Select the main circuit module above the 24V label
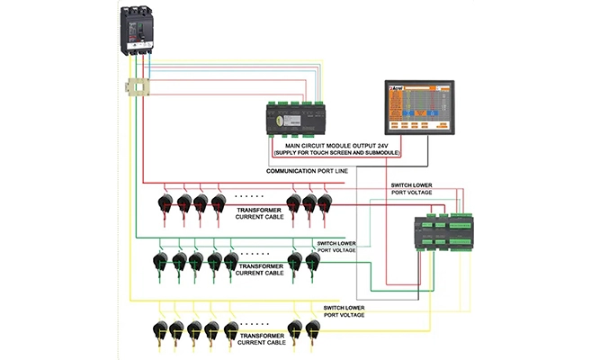pyautogui.click(x=302, y=117)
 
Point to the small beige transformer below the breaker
pyautogui.click(x=136, y=89)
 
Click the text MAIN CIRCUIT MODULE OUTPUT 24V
pyautogui.click(x=341, y=145)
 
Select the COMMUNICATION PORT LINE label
pyautogui.click(x=307, y=170)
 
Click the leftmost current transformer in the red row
pyautogui.click(x=167, y=202)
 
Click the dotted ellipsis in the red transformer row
pyautogui.click(x=248, y=194)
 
